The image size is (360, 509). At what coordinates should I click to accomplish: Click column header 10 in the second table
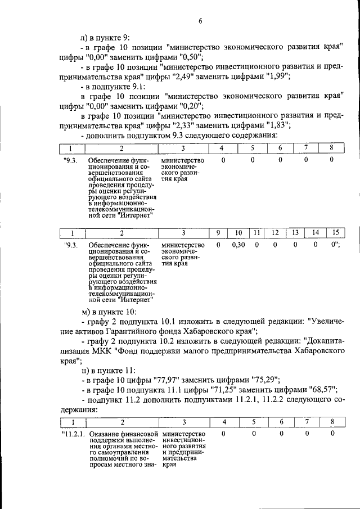click(x=238, y=233)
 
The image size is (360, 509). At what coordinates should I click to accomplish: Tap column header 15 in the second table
click(x=335, y=233)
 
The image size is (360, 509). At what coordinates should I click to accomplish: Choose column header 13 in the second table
click(x=295, y=233)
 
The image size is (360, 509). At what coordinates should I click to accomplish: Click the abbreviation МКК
click(x=115, y=350)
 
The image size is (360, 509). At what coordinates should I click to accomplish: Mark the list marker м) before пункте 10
click(x=85, y=312)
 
